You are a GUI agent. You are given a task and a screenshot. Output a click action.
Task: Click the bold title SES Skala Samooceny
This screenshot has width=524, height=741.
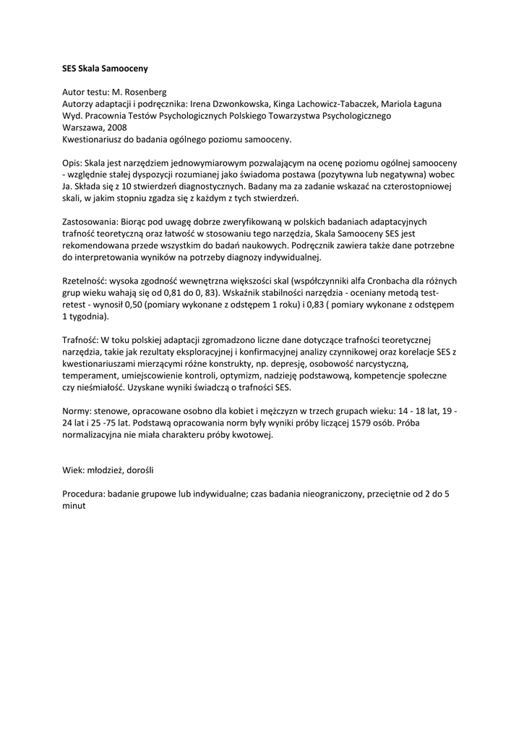105,69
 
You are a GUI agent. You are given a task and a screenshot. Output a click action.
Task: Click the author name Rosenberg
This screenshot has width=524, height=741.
144,93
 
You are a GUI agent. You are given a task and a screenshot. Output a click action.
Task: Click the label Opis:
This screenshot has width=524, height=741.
74,164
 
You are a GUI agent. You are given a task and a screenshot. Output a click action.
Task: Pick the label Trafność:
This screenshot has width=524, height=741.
80,340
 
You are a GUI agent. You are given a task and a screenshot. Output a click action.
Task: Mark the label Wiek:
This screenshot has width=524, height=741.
74,470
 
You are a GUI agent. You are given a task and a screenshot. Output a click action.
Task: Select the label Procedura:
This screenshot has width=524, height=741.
85,494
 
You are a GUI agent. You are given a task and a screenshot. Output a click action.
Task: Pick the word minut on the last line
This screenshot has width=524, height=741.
74,506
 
